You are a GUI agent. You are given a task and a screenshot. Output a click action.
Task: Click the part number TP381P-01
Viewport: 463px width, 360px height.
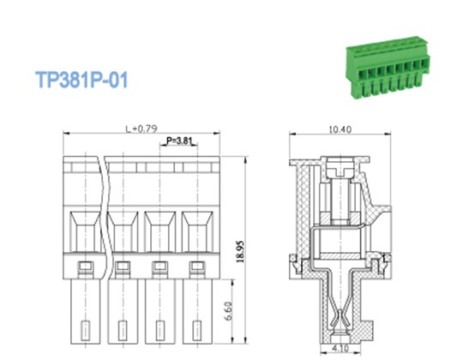pyautogui.click(x=82, y=81)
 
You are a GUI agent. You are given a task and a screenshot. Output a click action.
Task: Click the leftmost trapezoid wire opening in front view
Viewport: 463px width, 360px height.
pyautogui.click(x=83, y=231)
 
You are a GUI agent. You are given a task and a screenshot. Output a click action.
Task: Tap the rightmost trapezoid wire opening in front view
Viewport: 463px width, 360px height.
pyautogui.click(x=197, y=231)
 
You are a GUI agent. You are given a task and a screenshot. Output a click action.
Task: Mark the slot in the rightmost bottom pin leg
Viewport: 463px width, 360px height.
pyautogui.click(x=197, y=330)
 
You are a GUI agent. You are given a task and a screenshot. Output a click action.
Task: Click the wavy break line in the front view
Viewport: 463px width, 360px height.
pyautogui.click(x=104, y=214)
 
